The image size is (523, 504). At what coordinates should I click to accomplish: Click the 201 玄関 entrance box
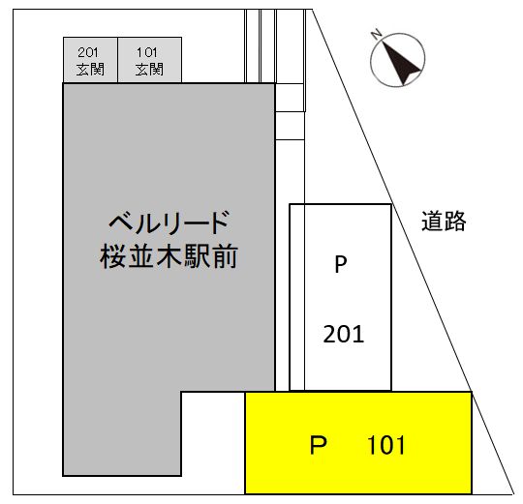pyautogui.click(x=90, y=60)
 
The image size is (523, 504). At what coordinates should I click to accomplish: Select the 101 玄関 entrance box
pyautogui.click(x=150, y=60)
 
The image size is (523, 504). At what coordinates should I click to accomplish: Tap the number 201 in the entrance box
pyautogui.click(x=88, y=52)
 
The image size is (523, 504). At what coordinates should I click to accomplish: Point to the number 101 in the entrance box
pyautogui.click(x=147, y=52)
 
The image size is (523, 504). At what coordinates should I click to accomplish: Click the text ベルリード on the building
pyautogui.click(x=169, y=222)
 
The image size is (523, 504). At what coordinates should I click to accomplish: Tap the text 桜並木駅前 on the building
pyautogui.click(x=169, y=255)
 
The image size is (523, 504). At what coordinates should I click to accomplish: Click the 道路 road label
pyautogui.click(x=444, y=221)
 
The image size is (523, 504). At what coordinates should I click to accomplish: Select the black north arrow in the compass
pyautogui.click(x=401, y=62)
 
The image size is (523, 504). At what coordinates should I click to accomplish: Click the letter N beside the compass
pyautogui.click(x=377, y=34)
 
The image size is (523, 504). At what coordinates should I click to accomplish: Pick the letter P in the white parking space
pyautogui.click(x=341, y=264)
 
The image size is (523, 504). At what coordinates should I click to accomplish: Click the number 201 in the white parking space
pyautogui.click(x=344, y=334)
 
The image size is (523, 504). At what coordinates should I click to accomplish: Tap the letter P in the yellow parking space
pyautogui.click(x=319, y=445)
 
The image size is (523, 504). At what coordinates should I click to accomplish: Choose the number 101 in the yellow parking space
pyautogui.click(x=386, y=445)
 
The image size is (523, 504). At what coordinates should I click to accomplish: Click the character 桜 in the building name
pyautogui.click(x=112, y=256)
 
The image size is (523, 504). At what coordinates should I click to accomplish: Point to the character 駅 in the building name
pyautogui.click(x=197, y=256)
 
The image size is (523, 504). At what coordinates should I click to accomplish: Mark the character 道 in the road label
pyautogui.click(x=432, y=221)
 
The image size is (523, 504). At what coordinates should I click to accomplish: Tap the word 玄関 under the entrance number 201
pyautogui.click(x=90, y=70)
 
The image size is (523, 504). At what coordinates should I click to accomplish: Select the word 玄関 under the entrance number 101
pyautogui.click(x=149, y=70)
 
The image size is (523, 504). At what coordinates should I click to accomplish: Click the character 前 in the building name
pyautogui.click(x=225, y=256)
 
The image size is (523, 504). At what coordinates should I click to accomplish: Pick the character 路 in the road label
pyautogui.click(x=455, y=221)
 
